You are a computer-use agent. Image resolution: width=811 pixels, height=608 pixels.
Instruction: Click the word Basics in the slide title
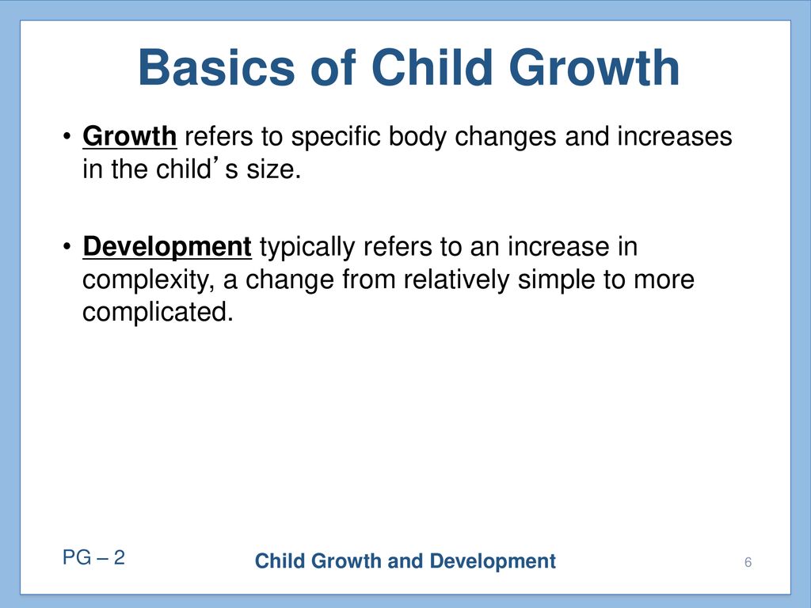click(216, 68)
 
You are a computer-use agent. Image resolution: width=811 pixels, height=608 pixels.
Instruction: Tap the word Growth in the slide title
click(594, 68)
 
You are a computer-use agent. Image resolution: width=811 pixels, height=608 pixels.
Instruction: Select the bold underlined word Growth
click(129, 136)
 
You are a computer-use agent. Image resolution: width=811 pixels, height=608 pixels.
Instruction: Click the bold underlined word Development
click(167, 247)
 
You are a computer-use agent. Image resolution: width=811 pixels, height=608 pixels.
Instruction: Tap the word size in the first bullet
click(273, 169)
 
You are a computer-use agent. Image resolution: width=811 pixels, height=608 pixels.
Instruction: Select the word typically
click(307, 248)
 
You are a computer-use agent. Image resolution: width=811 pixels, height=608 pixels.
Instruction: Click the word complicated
click(158, 313)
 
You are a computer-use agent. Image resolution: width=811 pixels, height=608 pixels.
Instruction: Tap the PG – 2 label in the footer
click(93, 557)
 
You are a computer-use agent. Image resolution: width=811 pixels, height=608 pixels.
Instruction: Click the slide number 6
click(748, 562)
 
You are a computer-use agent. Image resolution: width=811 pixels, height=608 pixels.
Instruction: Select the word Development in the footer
click(493, 561)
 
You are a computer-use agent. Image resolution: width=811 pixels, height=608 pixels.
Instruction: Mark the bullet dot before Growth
click(67, 137)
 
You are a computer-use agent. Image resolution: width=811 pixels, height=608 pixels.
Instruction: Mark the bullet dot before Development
click(67, 247)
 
